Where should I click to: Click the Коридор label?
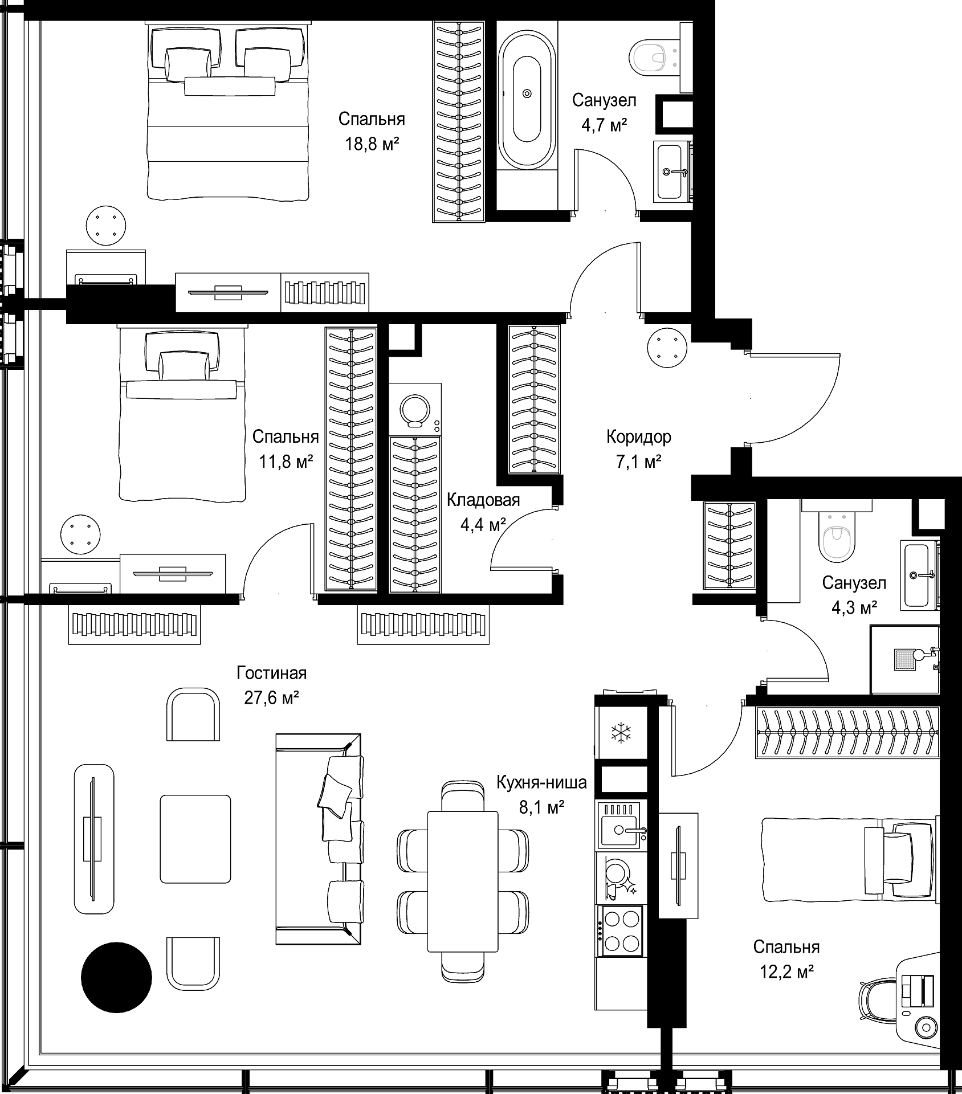[x=638, y=437]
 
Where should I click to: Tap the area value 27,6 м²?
[x=272, y=698]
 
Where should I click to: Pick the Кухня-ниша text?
[x=541, y=782]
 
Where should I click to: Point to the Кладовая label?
[x=483, y=500]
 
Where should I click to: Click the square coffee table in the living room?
[x=195, y=839]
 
